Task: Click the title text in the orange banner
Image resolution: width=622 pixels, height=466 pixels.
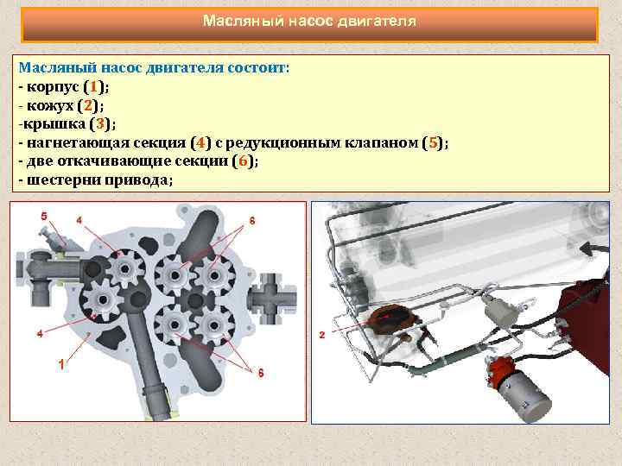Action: pyautogui.click(x=309, y=20)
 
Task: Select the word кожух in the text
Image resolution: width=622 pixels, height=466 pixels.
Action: pyautogui.click(x=50, y=106)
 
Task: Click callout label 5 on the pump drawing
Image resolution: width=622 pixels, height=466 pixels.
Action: pyautogui.click(x=43, y=215)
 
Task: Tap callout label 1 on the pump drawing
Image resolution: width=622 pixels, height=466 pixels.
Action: pyautogui.click(x=60, y=365)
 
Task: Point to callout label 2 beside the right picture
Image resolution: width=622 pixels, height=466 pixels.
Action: pyautogui.click(x=321, y=334)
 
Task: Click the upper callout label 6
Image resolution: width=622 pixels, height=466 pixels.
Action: pyautogui.click(x=251, y=221)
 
